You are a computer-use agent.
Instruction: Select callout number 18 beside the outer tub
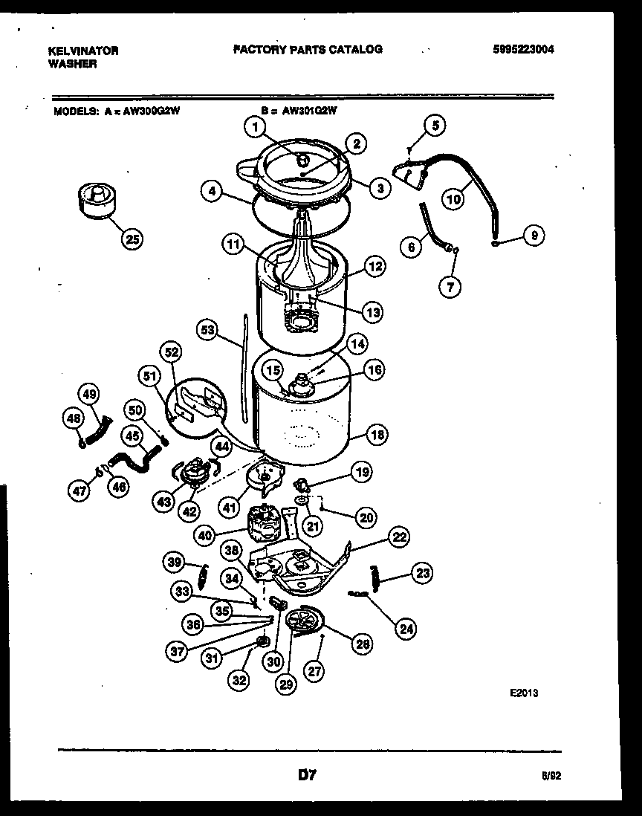point(377,435)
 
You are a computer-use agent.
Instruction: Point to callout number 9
point(532,236)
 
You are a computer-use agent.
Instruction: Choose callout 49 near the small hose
point(88,394)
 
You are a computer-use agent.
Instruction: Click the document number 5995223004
point(523,50)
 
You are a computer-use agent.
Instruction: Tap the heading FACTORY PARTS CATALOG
point(308,49)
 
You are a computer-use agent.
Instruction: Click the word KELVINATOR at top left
point(82,51)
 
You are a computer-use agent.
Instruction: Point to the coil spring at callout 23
point(375,577)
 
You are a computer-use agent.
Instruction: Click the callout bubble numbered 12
point(374,265)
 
